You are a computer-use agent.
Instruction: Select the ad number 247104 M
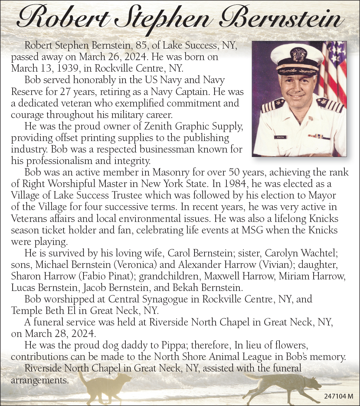pyautogui.click(x=338, y=396)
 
